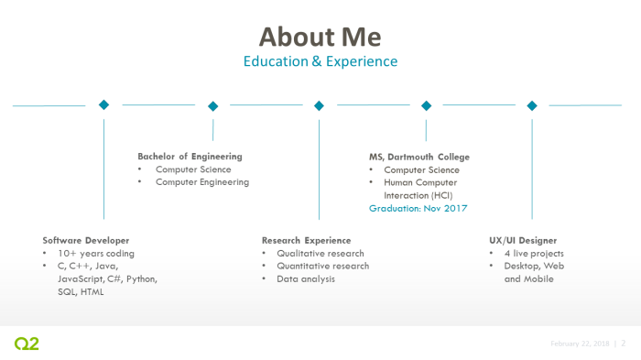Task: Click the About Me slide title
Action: [320, 37]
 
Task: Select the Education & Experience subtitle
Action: [320, 61]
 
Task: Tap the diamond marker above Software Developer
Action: [103, 104]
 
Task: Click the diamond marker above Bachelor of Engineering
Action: [212, 105]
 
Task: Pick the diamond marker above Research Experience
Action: [319, 105]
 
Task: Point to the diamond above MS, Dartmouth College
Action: [426, 105]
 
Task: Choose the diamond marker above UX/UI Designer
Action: [532, 105]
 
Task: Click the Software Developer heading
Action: [86, 240]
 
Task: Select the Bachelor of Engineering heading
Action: [190, 156]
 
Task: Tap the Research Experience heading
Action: [306, 240]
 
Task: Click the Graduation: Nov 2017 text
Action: [418, 209]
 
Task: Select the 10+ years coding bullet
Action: [95, 253]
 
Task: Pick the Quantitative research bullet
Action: [322, 266]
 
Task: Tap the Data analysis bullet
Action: [306, 278]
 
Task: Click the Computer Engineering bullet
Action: [201, 181]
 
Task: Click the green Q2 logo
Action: [27, 344]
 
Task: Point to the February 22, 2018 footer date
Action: [580, 344]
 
